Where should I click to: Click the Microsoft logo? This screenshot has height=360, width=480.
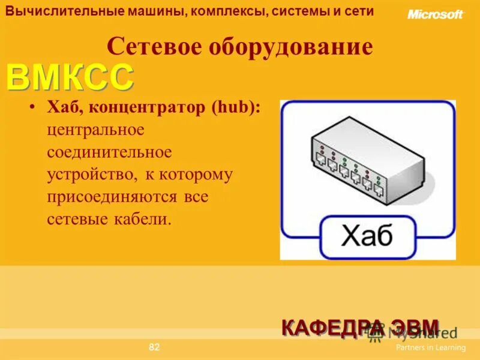[435, 14]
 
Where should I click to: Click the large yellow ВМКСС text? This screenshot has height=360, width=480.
[70, 78]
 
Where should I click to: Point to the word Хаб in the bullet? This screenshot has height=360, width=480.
[62, 107]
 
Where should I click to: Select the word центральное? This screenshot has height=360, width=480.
[96, 129]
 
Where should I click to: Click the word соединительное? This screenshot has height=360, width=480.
[109, 152]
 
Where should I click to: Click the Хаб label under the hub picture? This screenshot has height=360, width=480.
[367, 236]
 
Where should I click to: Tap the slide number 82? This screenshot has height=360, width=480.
[154, 347]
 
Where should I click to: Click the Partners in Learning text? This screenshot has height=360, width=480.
[430, 347]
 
